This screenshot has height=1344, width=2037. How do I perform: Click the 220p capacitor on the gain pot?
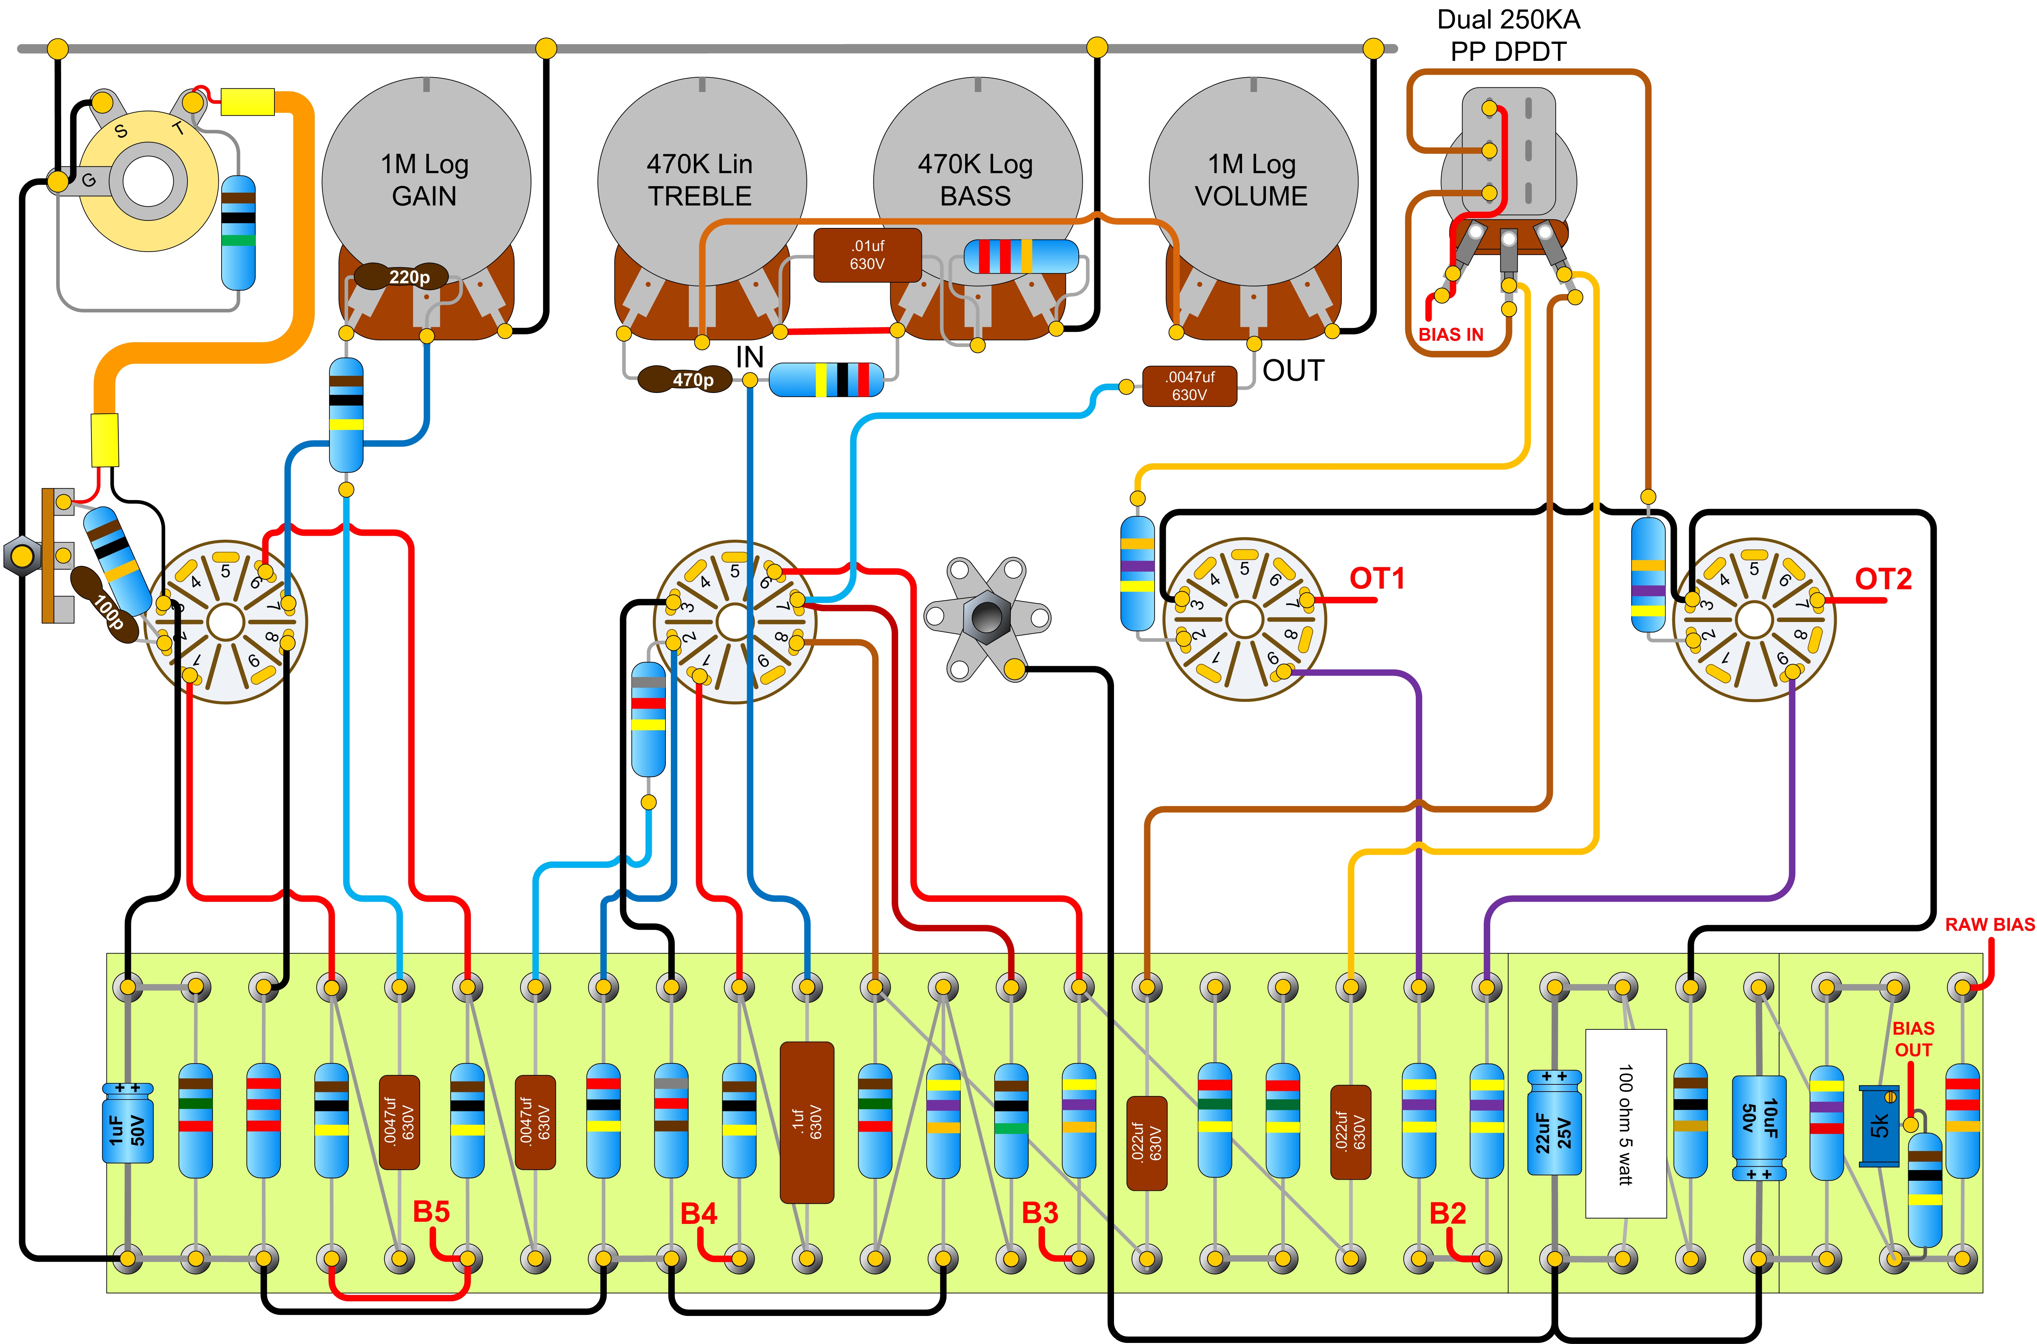(x=401, y=276)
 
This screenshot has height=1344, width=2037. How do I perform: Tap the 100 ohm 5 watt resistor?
(x=1625, y=1123)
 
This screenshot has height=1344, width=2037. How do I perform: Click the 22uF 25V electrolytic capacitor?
(x=1554, y=1123)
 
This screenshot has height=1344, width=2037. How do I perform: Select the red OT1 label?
(x=1377, y=579)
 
